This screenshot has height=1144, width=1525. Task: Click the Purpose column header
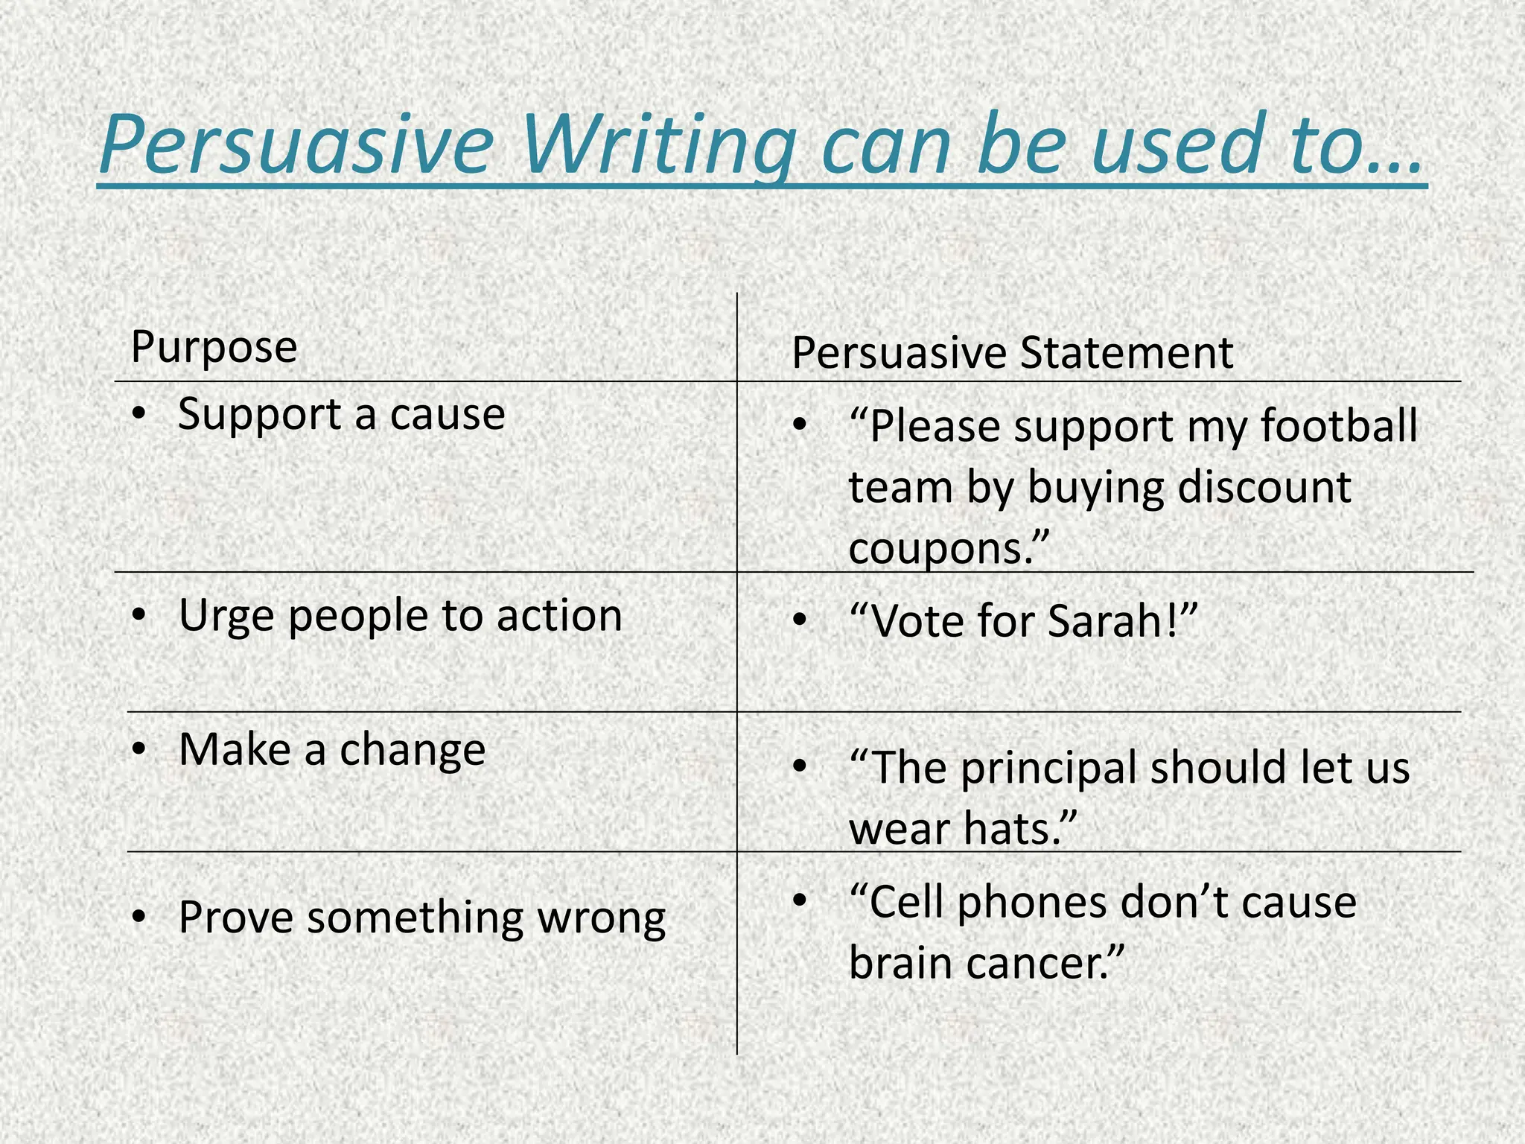(214, 347)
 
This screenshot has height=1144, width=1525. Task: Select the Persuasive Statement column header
(1012, 353)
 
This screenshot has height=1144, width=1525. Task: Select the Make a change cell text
(332, 750)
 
